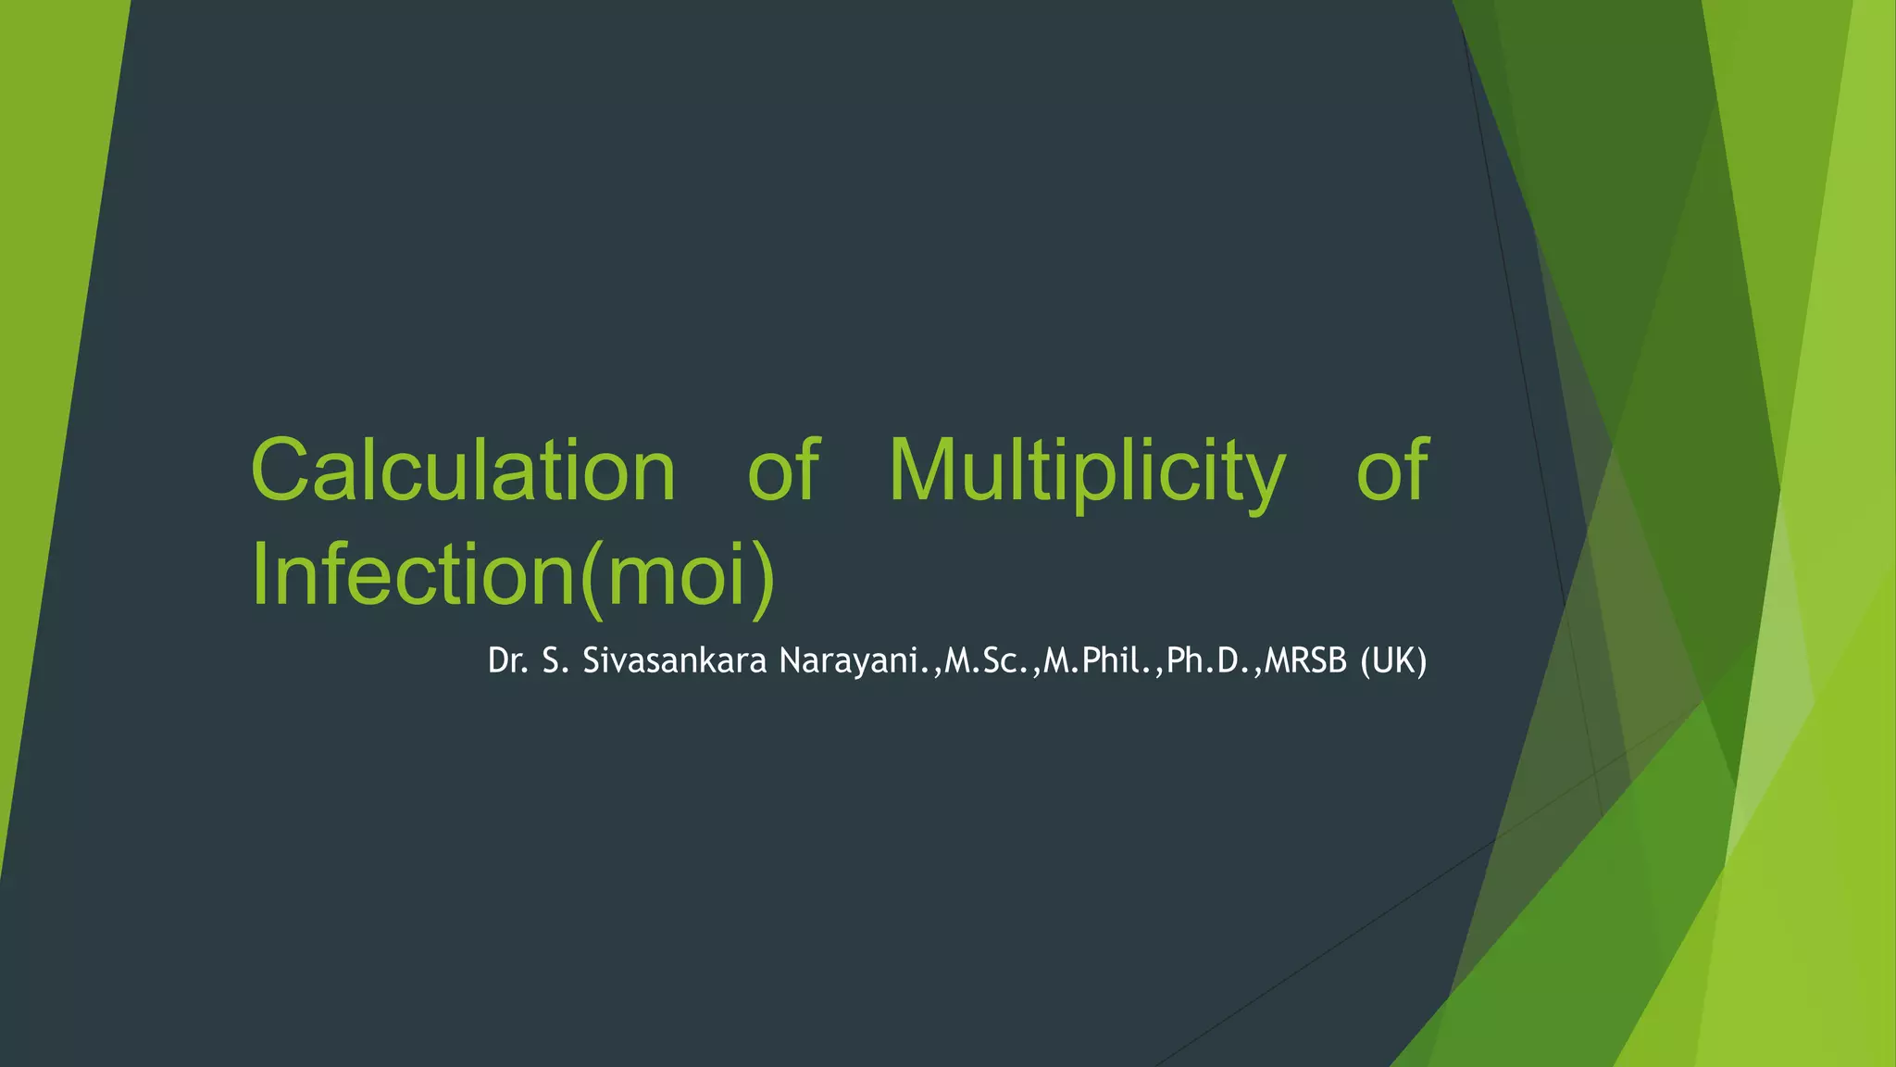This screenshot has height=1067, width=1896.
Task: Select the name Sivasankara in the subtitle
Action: [x=674, y=661]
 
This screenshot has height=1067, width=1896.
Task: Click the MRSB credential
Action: [x=1305, y=661]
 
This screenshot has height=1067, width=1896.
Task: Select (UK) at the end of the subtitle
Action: [x=1393, y=661]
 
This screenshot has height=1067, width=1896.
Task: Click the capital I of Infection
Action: [x=259, y=574]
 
